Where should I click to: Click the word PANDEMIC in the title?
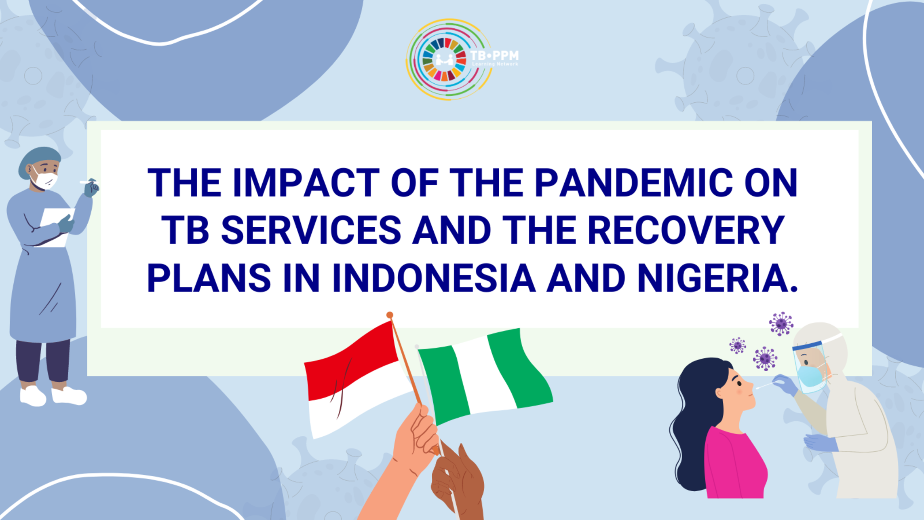pyautogui.click(x=634, y=183)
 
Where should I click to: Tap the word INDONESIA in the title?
pyautogui.click(x=434, y=278)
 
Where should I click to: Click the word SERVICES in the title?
pyautogui.click(x=311, y=230)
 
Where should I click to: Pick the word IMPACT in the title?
pyautogui.click(x=306, y=183)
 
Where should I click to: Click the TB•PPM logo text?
pyautogui.click(x=494, y=58)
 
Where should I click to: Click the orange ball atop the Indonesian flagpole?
pyautogui.click(x=390, y=315)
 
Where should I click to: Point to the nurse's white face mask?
pyautogui.click(x=44, y=179)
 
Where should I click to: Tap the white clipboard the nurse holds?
pyautogui.click(x=57, y=226)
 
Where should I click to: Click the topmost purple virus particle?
pyautogui.click(x=781, y=323)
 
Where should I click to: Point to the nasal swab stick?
pyautogui.click(x=765, y=385)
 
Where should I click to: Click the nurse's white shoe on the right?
pyautogui.click(x=69, y=396)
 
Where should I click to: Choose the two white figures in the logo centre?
pyautogui.click(x=444, y=59)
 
